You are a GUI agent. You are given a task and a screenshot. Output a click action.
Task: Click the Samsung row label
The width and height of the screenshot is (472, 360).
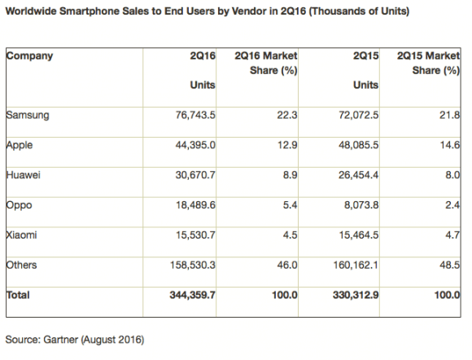(x=28, y=116)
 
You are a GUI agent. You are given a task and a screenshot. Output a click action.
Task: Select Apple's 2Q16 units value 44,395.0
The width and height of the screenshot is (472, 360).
(x=195, y=145)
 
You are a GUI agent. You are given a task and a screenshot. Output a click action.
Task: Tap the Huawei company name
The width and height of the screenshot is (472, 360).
(x=23, y=175)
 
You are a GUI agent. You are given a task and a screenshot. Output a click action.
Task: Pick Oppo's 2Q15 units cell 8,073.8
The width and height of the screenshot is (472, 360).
(x=361, y=205)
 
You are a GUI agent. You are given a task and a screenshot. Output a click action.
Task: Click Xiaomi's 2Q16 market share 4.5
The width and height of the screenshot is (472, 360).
(x=290, y=235)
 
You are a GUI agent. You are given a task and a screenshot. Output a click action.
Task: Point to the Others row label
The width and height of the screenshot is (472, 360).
(x=21, y=265)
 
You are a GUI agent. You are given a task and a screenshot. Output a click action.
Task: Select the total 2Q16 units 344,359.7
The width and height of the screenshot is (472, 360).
(x=192, y=295)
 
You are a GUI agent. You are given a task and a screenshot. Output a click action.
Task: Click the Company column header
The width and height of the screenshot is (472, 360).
(x=29, y=56)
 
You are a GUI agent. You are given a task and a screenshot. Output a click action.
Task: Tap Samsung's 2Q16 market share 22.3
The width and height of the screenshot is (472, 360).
(x=287, y=115)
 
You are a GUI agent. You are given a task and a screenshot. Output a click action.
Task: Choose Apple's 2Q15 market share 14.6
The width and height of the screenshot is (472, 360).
(x=450, y=145)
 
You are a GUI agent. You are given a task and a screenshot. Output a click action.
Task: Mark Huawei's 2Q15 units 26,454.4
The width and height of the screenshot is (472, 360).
(x=358, y=175)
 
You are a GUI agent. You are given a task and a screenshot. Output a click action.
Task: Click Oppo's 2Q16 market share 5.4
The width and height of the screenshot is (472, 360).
(x=290, y=205)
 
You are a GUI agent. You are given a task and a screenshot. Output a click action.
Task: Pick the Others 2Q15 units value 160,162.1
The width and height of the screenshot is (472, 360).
(x=356, y=265)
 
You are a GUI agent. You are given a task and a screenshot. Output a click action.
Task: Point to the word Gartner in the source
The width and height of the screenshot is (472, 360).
(x=61, y=340)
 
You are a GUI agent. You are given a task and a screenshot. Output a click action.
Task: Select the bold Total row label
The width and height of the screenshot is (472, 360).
(x=18, y=295)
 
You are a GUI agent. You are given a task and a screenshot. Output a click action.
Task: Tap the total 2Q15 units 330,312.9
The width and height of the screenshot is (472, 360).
(x=356, y=295)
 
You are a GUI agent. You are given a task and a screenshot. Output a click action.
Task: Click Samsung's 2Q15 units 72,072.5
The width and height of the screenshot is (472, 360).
(x=359, y=115)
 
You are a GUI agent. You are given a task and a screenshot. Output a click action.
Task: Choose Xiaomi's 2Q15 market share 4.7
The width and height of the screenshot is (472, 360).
(x=452, y=235)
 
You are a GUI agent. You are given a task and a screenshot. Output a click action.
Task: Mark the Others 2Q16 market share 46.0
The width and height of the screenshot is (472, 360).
(x=287, y=265)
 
